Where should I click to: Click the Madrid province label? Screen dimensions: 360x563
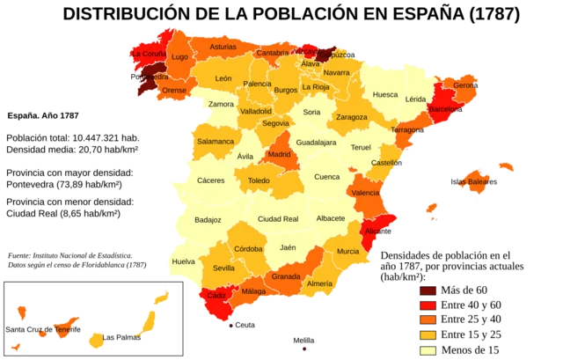(279, 154)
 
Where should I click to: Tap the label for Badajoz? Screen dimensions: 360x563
(208, 219)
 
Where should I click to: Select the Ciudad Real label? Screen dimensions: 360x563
(278, 218)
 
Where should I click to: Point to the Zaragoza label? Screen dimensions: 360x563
(351, 117)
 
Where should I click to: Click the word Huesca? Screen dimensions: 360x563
(384, 94)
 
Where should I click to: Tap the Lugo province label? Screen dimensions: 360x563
(179, 57)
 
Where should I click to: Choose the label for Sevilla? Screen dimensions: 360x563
(223, 268)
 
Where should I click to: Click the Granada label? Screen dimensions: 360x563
(286, 276)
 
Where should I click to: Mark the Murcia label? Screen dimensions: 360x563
(347, 251)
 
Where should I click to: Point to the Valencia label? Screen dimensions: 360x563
(365, 192)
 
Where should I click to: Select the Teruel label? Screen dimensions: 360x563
(362, 148)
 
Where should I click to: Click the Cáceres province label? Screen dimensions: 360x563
(210, 180)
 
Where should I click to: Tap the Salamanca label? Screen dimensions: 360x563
(216, 141)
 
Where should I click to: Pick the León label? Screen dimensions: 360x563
(223, 78)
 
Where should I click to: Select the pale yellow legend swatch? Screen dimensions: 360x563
(428, 351)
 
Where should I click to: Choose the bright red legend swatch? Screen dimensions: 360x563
(428, 305)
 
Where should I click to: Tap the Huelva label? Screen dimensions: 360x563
(184, 261)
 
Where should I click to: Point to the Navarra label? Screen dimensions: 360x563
(336, 72)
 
